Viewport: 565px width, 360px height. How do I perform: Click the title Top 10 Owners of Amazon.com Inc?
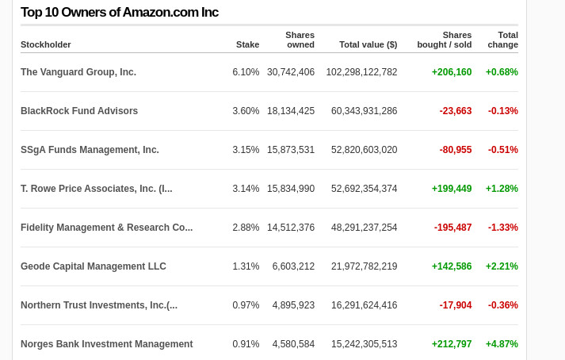(120, 12)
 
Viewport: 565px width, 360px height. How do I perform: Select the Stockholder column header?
(46, 44)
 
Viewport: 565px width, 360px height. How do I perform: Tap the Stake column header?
(247, 44)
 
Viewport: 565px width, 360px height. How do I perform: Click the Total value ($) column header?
(368, 44)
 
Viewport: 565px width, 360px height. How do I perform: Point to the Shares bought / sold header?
(445, 40)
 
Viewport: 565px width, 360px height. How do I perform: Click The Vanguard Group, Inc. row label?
(78, 72)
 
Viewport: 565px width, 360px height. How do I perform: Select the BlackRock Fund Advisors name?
(79, 111)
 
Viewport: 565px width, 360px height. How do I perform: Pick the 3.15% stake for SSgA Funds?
(246, 150)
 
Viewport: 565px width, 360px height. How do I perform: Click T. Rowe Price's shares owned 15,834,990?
(291, 189)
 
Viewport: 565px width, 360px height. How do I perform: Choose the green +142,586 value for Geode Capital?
(452, 266)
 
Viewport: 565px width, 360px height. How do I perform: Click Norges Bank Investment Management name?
(107, 344)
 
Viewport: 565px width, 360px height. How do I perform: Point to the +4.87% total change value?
(502, 344)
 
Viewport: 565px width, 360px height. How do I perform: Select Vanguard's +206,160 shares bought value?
(452, 72)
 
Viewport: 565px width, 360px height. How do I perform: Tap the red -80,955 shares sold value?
(456, 150)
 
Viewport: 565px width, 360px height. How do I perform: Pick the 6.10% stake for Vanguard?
(246, 72)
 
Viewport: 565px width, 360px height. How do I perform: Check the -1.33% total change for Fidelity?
(502, 228)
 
